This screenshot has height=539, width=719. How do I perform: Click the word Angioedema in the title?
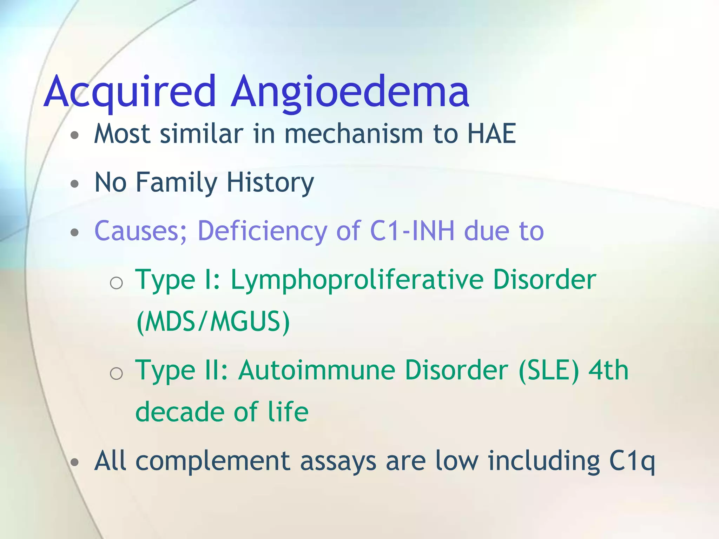tap(350, 92)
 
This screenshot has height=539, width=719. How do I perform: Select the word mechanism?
tap(354, 134)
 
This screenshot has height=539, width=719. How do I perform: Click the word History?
tap(270, 182)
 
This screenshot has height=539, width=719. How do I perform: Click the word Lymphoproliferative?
tap(357, 280)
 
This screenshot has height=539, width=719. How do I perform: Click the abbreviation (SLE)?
tap(548, 370)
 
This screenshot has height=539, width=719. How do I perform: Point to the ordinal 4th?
tap(608, 370)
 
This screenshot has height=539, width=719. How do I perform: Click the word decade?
tap(180, 412)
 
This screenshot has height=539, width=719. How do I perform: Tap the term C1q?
tap(632, 461)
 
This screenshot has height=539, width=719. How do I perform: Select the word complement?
tap(213, 461)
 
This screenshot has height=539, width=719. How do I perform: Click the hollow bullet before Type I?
tap(116, 283)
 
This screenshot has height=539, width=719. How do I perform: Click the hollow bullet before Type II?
tap(116, 374)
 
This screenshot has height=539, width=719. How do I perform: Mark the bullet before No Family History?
tap(74, 184)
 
